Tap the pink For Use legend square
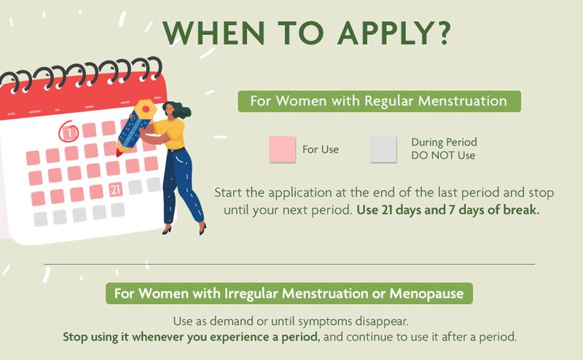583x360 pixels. (282, 149)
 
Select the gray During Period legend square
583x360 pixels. (383, 149)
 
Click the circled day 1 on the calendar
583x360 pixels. (69, 133)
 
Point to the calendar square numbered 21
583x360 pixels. (115, 190)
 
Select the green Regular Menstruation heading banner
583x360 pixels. (379, 101)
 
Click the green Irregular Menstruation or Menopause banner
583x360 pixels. (289, 294)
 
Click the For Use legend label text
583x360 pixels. (321, 150)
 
